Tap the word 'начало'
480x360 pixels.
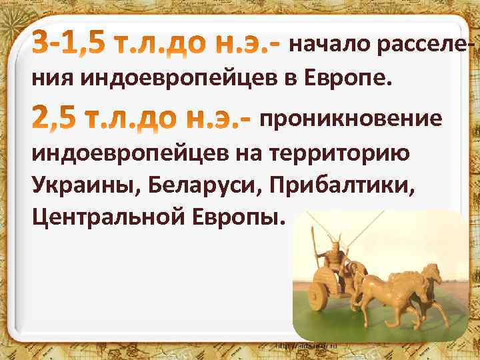coord(327,45)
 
